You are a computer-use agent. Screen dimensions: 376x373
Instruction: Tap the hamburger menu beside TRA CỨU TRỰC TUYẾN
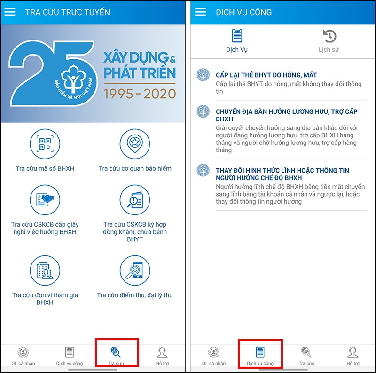click(10, 12)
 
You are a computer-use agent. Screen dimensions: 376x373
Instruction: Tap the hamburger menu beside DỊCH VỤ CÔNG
click(200, 12)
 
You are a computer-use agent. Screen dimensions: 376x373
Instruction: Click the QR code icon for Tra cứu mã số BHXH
click(45, 144)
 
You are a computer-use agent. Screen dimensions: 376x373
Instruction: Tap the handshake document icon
click(45, 200)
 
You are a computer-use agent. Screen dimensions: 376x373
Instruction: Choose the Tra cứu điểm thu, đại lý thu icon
click(135, 270)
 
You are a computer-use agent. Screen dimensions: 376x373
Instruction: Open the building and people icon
click(45, 270)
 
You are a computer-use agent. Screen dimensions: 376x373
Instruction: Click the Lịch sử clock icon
click(329, 36)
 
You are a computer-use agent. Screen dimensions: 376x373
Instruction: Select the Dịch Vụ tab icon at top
click(237, 36)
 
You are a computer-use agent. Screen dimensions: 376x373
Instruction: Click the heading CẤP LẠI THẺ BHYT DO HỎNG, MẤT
click(266, 75)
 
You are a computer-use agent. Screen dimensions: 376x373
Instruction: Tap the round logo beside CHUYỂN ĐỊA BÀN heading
click(203, 111)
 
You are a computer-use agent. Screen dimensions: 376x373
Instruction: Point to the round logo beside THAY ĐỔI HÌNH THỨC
click(203, 170)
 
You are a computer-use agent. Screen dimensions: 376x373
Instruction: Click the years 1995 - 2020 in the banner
click(140, 94)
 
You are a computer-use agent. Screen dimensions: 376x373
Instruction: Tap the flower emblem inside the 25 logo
click(73, 78)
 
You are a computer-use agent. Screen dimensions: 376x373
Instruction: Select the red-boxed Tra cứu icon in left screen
click(116, 352)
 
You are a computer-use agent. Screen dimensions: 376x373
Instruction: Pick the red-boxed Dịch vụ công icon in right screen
click(260, 352)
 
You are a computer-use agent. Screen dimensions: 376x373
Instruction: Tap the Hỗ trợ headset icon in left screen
click(162, 352)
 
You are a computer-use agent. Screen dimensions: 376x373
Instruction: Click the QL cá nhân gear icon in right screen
click(214, 352)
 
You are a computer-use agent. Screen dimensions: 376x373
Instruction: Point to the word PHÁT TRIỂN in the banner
click(140, 73)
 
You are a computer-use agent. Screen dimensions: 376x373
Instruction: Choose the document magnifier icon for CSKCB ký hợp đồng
click(135, 200)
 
